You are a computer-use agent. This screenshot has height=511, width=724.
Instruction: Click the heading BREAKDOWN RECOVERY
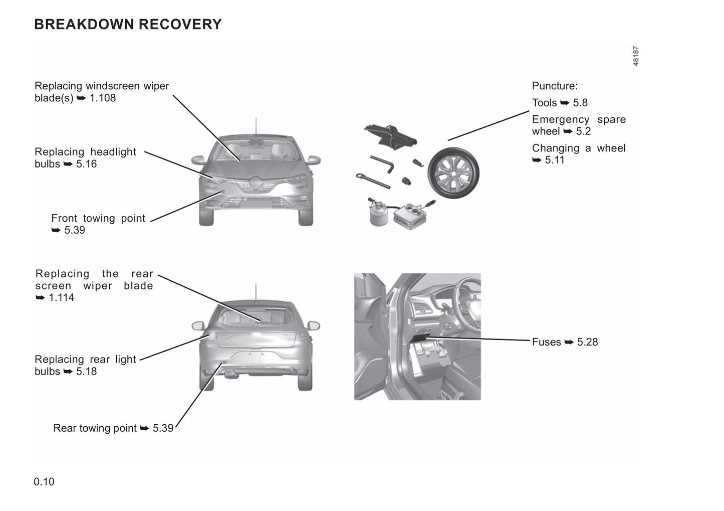[128, 24]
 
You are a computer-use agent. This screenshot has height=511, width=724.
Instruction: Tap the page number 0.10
[44, 482]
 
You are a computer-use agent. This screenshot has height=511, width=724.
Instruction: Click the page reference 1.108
[103, 98]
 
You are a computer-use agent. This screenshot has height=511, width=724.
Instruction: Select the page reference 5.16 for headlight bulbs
[86, 164]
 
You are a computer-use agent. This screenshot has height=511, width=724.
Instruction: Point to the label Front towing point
[98, 219]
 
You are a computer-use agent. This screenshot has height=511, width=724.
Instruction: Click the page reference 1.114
[61, 298]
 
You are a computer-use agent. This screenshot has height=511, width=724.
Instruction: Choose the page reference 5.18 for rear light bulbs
[86, 372]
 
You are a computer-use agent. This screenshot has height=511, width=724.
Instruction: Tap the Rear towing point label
[95, 428]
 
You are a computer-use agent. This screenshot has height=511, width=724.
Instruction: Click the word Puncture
[554, 86]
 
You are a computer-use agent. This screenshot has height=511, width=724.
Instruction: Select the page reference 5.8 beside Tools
[580, 103]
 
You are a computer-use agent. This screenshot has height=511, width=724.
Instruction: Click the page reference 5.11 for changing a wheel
[554, 160]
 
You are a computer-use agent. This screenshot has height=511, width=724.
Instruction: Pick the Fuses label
[546, 342]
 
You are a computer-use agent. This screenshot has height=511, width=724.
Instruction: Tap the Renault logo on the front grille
[256, 183]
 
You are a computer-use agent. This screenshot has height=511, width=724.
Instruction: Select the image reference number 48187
[636, 56]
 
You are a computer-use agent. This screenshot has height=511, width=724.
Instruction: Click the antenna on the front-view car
[256, 126]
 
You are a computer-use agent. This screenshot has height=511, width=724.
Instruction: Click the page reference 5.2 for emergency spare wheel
[583, 131]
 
